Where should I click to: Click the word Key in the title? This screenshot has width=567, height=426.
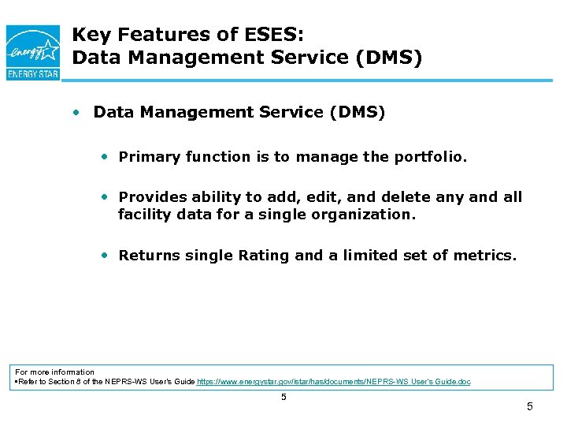point(90,35)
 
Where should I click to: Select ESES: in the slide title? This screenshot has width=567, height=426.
point(269,35)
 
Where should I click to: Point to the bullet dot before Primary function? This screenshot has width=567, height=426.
point(104,156)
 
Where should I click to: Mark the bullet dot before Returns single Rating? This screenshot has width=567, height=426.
point(104,255)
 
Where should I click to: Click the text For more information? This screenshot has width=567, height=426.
point(55,372)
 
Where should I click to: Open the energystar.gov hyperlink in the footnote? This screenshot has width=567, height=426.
point(334,382)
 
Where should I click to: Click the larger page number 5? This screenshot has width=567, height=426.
point(529,407)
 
